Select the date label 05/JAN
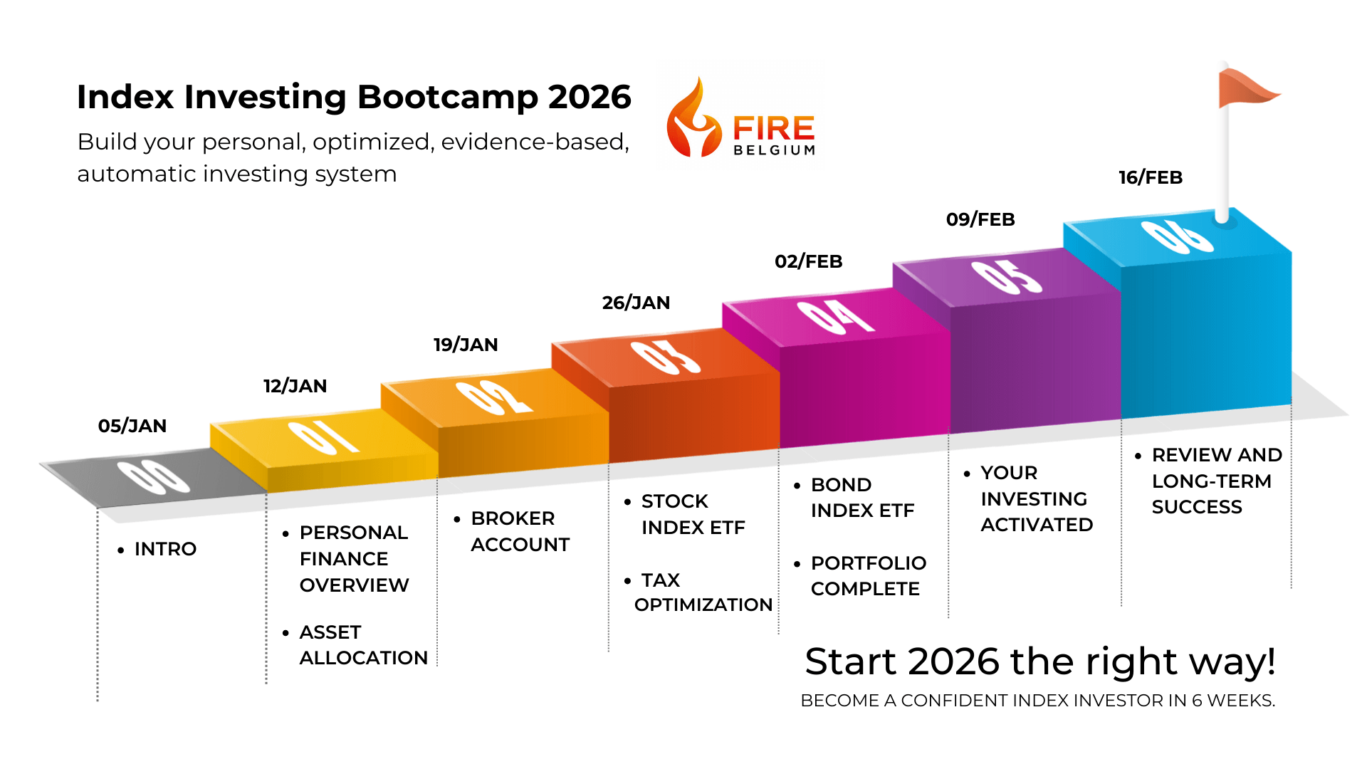(132, 426)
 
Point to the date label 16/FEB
(1151, 177)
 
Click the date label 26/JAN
(636, 303)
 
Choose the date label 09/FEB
(980, 219)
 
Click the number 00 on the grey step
(153, 477)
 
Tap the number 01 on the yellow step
(323, 437)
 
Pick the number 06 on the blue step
(1177, 236)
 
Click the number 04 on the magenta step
(835, 317)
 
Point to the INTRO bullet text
(165, 549)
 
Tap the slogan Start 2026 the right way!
(1040, 661)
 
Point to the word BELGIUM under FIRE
(775, 150)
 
